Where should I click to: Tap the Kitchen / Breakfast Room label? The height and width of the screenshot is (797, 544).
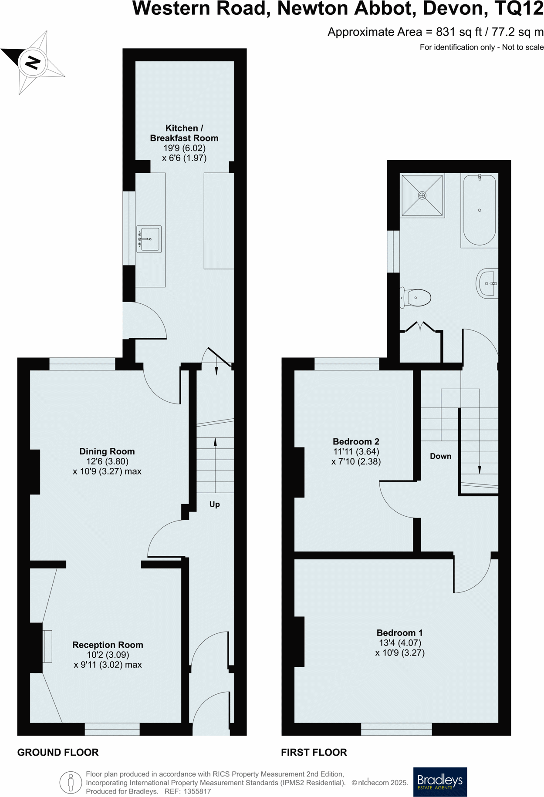click(184, 133)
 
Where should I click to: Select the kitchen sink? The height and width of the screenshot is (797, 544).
click(149, 239)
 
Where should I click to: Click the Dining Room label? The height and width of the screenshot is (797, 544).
click(107, 451)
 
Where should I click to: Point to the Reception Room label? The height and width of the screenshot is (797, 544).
click(108, 645)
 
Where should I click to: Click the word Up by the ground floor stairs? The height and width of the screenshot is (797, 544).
click(214, 504)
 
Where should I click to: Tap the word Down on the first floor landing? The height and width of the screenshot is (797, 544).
click(440, 456)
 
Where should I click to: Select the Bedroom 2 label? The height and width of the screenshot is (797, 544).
click(356, 442)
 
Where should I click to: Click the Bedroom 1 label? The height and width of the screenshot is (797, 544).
click(399, 633)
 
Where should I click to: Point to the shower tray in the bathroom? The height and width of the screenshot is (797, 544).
click(422, 195)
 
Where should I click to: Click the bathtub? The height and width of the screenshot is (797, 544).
click(479, 210)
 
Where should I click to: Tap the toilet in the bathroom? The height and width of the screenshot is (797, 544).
click(417, 298)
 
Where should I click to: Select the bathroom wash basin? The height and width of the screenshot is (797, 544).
click(488, 283)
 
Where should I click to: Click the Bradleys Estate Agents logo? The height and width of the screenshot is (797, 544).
click(440, 782)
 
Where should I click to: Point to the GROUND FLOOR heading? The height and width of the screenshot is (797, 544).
click(58, 752)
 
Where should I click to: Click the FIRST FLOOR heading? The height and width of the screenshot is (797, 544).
click(314, 752)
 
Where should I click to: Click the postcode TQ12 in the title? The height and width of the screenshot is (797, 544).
click(519, 9)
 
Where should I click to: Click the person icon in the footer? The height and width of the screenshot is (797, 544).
click(71, 782)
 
